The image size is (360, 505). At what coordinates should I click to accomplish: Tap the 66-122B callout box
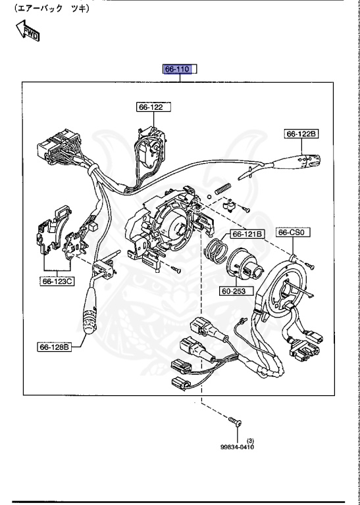301,134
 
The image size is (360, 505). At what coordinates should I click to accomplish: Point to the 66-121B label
247,234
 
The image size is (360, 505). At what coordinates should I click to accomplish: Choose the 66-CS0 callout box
294,232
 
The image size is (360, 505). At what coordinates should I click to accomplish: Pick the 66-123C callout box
57,281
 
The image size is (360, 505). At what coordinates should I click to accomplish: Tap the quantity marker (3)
250,440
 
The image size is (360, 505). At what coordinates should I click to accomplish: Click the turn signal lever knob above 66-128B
90,316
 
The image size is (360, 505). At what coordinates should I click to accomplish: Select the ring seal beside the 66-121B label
217,251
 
